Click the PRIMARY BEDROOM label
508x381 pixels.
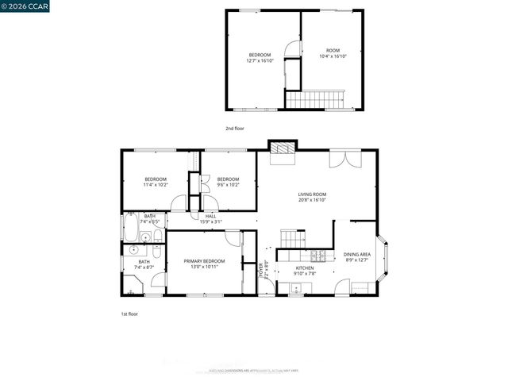[x=204, y=261]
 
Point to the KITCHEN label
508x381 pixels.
[x=305, y=268]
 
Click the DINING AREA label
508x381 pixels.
[x=357, y=255]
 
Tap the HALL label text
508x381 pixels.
[x=211, y=216]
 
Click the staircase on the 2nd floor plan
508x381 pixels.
[x=315, y=100]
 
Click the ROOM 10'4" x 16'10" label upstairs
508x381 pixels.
[x=333, y=53]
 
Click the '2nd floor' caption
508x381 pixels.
[x=235, y=127]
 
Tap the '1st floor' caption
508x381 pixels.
[x=129, y=314]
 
